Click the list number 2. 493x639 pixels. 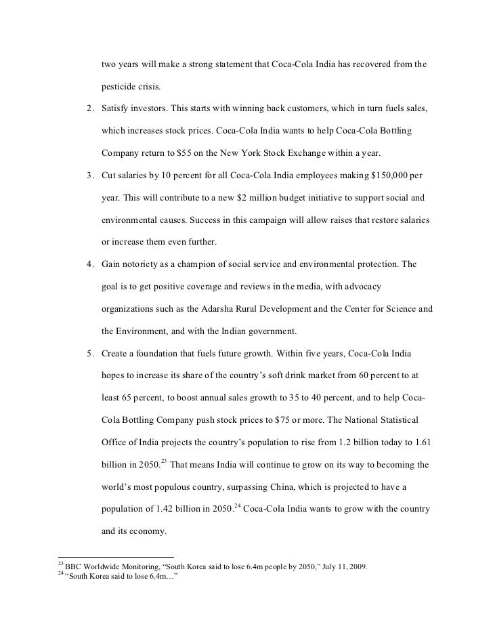point(89,109)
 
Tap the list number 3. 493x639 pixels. point(89,176)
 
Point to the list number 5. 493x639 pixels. point(89,354)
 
